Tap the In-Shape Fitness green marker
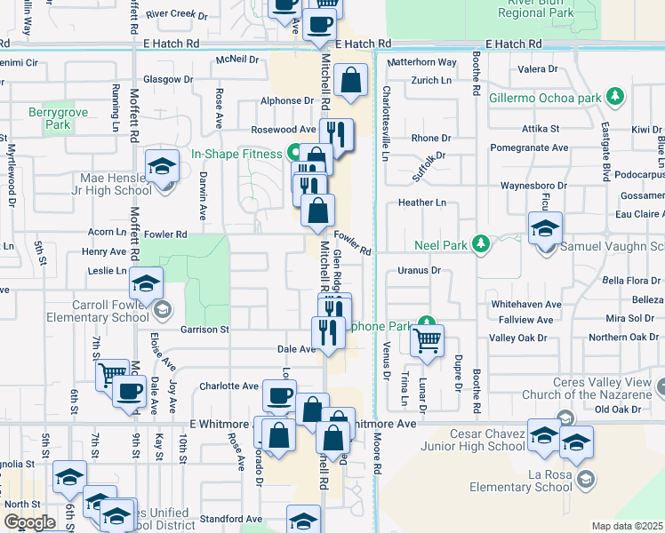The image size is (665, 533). (292, 153)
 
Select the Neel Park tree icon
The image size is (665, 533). (481, 243)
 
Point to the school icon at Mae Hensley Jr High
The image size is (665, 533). (163, 165)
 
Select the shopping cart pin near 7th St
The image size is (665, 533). (111, 375)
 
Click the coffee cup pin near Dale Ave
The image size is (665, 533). (130, 390)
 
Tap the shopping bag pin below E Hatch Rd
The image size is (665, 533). (352, 79)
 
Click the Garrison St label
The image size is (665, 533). (205, 330)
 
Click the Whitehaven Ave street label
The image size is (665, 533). (526, 304)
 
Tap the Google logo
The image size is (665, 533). (28, 522)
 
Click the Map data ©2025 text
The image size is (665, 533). (627, 526)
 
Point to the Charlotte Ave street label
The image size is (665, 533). (228, 386)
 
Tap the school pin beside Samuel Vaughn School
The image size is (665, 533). (545, 227)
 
